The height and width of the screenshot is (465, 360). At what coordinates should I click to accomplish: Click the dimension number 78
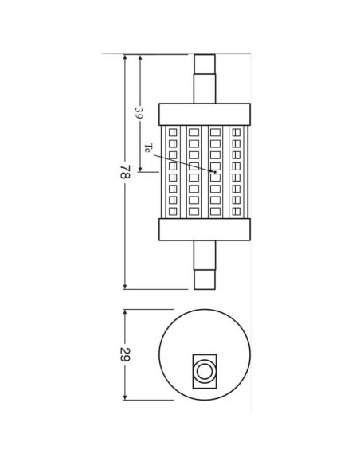click(x=124, y=171)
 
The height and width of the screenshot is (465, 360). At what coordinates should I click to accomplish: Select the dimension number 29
click(x=124, y=354)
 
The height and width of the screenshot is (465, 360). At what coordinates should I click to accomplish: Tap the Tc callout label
click(x=147, y=149)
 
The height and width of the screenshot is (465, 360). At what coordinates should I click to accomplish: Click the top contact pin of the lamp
click(x=205, y=78)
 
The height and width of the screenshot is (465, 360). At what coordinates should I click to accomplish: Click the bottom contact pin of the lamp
click(x=205, y=265)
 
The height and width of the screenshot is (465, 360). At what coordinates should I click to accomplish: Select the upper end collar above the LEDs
click(x=205, y=114)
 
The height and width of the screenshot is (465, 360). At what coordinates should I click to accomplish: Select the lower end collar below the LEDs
click(x=205, y=229)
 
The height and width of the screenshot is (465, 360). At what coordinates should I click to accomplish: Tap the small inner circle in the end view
click(x=205, y=370)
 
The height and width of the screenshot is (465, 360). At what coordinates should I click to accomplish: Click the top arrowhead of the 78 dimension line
click(x=125, y=57)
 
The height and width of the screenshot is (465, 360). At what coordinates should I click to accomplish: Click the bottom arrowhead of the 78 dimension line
click(x=125, y=286)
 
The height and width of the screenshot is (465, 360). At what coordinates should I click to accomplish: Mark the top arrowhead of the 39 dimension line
click(x=140, y=57)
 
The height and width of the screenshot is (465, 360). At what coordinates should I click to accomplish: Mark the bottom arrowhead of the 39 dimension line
click(x=140, y=169)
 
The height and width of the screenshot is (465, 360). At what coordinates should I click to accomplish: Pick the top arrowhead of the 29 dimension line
click(x=125, y=312)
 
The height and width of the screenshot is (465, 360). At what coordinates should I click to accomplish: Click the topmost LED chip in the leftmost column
click(x=173, y=132)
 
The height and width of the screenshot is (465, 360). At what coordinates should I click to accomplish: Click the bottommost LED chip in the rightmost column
click(x=237, y=211)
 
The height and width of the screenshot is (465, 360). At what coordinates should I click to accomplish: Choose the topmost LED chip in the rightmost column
click(x=237, y=132)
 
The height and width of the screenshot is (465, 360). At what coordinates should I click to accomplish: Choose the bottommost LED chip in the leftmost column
click(x=173, y=211)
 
